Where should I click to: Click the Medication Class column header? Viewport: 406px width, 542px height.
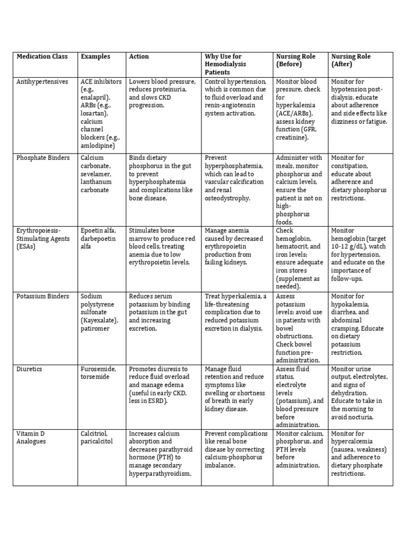42,56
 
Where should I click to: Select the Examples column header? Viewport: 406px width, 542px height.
95,56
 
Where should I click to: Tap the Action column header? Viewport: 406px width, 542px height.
139,56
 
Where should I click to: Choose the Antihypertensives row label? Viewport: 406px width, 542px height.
42,82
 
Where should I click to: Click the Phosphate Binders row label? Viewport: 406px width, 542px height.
41,158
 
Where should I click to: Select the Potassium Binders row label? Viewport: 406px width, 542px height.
43,296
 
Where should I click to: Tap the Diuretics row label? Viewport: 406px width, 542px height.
30,369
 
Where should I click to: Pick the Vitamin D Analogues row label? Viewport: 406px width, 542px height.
31,437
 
